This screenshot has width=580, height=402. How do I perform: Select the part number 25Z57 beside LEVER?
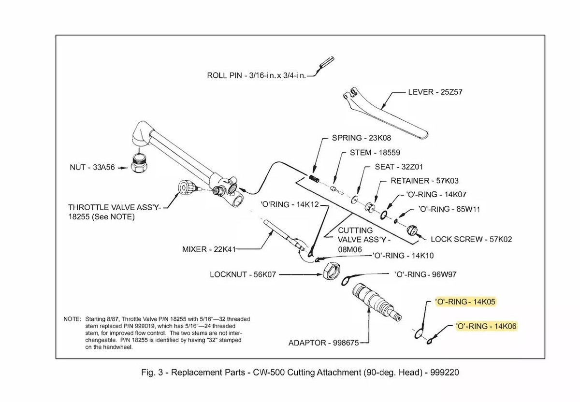tap(451, 92)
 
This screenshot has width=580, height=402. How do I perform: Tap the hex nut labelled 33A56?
tap(139, 163)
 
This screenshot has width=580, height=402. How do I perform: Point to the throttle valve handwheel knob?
tap(186, 187)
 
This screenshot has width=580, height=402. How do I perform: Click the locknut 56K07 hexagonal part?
tap(332, 271)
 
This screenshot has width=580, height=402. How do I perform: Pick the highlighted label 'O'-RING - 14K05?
tap(465, 302)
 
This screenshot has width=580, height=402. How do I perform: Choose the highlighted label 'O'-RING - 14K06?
tap(486, 326)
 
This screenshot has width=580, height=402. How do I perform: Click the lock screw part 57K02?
tap(412, 230)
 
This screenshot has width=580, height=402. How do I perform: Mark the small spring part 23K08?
tap(314, 179)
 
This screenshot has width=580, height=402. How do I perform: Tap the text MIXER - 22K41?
tap(209, 249)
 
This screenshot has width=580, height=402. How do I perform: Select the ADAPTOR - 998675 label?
tap(324, 343)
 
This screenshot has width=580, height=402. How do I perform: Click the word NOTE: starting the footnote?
tap(72, 319)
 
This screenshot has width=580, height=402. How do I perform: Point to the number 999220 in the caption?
tap(445, 373)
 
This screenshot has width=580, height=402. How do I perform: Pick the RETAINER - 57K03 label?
tap(425, 181)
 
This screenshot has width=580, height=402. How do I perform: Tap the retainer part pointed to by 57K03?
tap(370, 207)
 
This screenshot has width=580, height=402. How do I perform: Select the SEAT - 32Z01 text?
tap(399, 167)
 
